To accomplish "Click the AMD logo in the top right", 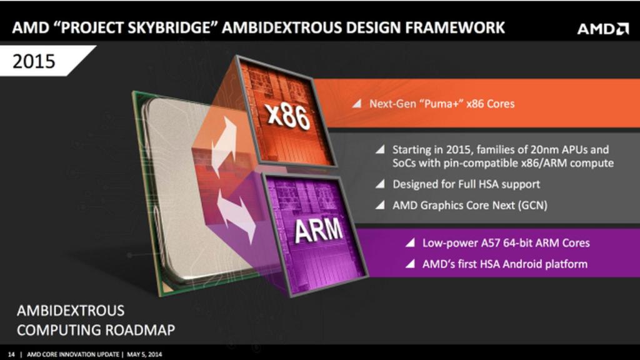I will tap(602, 29).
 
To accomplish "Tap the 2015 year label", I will tap(34, 61).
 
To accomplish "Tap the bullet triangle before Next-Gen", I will tap(356, 104).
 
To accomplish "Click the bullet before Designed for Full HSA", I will tap(381, 184).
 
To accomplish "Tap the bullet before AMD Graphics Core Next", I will tap(381, 205).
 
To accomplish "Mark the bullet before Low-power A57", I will tap(410, 243).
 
